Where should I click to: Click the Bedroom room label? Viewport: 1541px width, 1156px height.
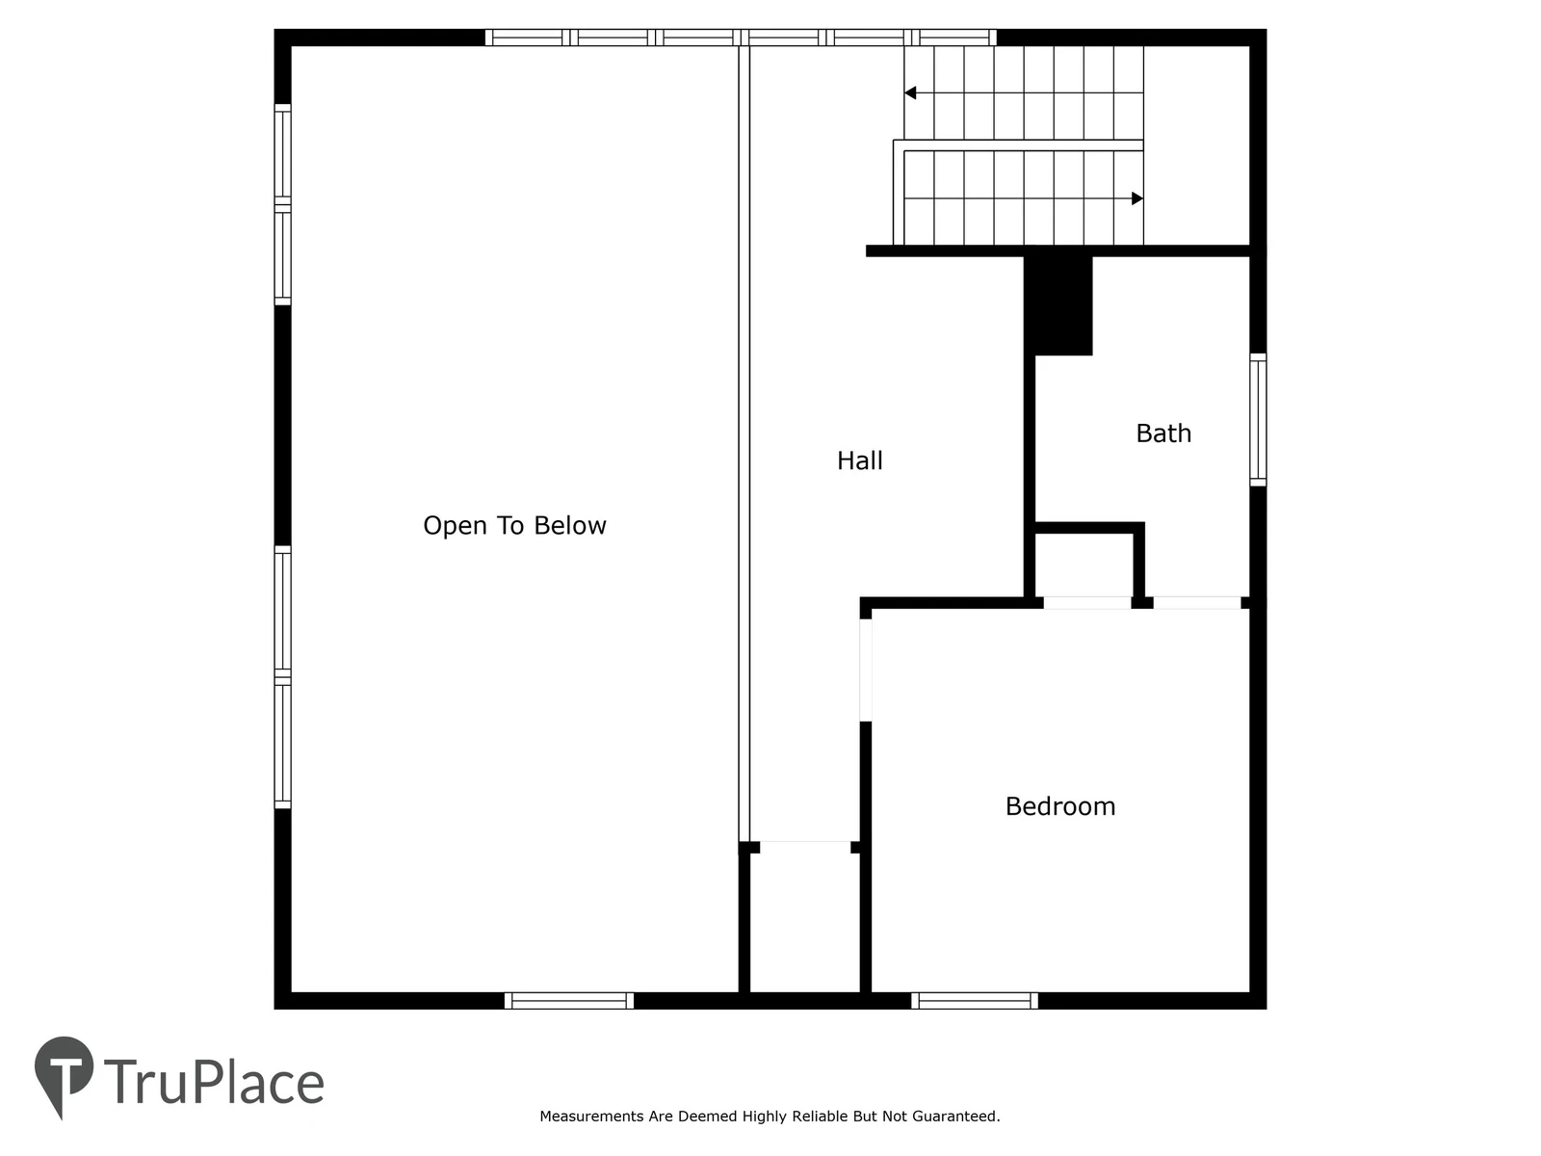tap(1060, 806)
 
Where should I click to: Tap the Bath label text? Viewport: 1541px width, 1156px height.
tap(1163, 433)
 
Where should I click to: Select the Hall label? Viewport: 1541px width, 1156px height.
tap(859, 461)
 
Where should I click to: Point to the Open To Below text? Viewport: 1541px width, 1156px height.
tap(514, 526)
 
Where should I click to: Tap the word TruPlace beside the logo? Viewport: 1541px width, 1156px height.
tap(214, 1083)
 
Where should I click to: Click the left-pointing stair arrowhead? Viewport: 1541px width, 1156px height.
tap(910, 92)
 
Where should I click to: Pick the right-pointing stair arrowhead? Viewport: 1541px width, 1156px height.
tap(1137, 198)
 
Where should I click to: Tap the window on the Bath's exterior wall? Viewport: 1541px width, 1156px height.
tap(1258, 420)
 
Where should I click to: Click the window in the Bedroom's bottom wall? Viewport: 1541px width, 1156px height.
tap(975, 1001)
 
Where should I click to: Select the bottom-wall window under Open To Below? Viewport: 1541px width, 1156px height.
tap(568, 1001)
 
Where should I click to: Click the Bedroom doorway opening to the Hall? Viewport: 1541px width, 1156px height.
tap(866, 670)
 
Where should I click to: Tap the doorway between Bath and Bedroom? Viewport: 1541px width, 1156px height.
tap(1197, 603)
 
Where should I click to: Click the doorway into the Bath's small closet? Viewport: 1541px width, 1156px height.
tap(1086, 603)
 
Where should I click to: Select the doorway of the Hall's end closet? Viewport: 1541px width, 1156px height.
tap(805, 847)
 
